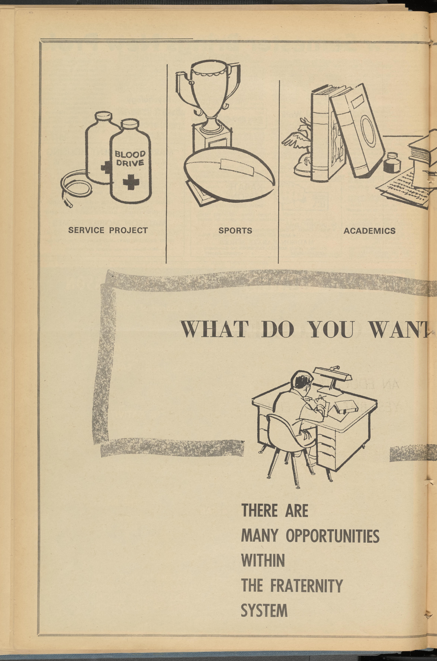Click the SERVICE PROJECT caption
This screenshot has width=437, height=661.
pos(108,230)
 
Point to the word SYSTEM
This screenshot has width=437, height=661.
pos(264,611)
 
